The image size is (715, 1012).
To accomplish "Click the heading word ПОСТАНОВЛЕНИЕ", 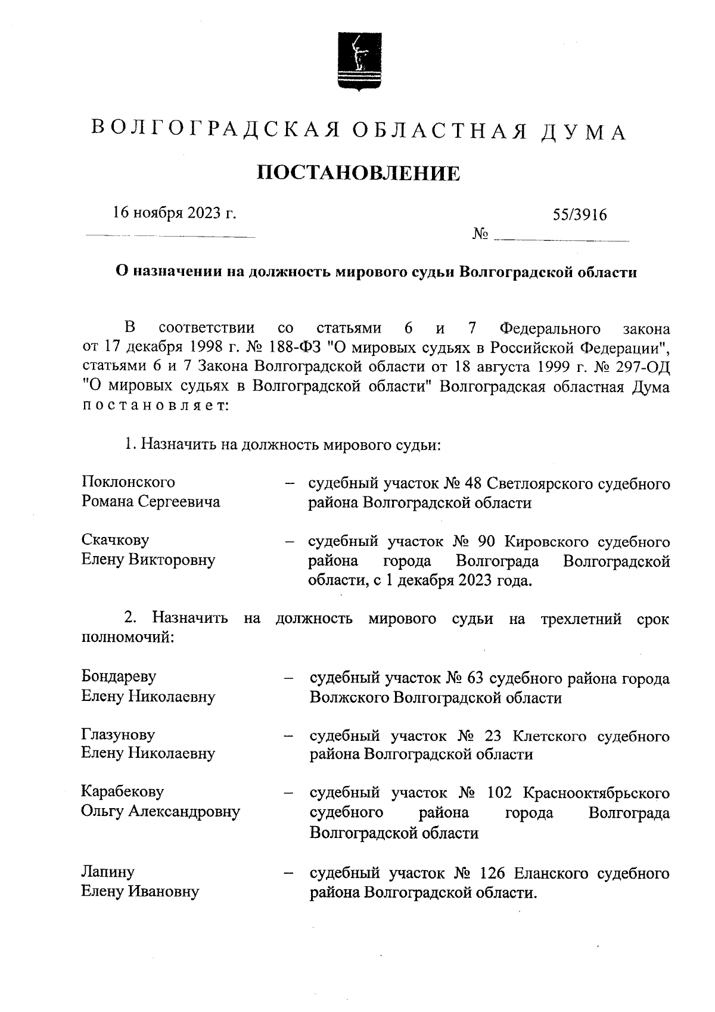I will pos(359,173).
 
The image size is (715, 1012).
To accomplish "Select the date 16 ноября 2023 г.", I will pos(175,213).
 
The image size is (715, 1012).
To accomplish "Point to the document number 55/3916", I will pos(580,215).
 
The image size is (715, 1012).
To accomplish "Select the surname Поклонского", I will pos(128,482).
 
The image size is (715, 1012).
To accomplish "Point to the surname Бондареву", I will pos(119,676).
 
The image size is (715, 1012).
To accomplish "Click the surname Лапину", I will pos(107,872).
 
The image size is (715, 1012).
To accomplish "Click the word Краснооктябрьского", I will pos(596,793).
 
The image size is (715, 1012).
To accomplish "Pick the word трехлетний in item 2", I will pos(581,619).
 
